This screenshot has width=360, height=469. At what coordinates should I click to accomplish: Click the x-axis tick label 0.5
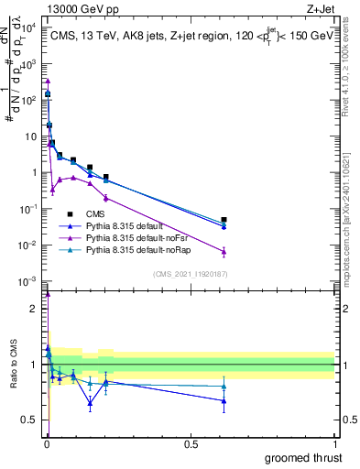(x=191, y=442)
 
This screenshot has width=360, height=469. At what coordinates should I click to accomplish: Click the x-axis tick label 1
(x=334, y=442)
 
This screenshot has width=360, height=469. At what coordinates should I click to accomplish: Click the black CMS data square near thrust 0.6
(x=224, y=220)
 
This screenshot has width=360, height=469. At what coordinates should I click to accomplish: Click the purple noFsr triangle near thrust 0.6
(x=224, y=252)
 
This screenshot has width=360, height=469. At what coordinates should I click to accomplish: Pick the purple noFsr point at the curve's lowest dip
(x=52, y=190)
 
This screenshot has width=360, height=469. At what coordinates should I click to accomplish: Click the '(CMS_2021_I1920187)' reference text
(x=189, y=274)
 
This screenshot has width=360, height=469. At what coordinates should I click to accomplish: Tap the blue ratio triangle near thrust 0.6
(x=224, y=400)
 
